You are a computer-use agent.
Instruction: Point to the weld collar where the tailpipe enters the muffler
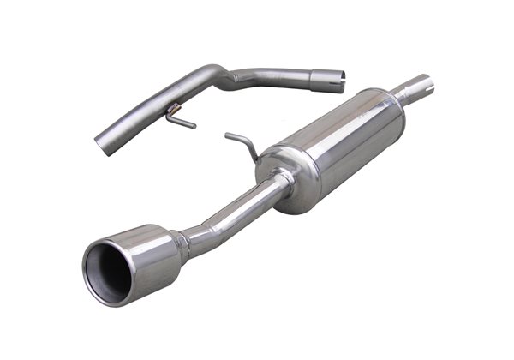pyautogui.click(x=284, y=181)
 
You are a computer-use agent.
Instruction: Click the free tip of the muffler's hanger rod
pyautogui.click(x=227, y=135)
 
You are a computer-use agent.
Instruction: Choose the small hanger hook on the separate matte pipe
pyautogui.click(x=182, y=118)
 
